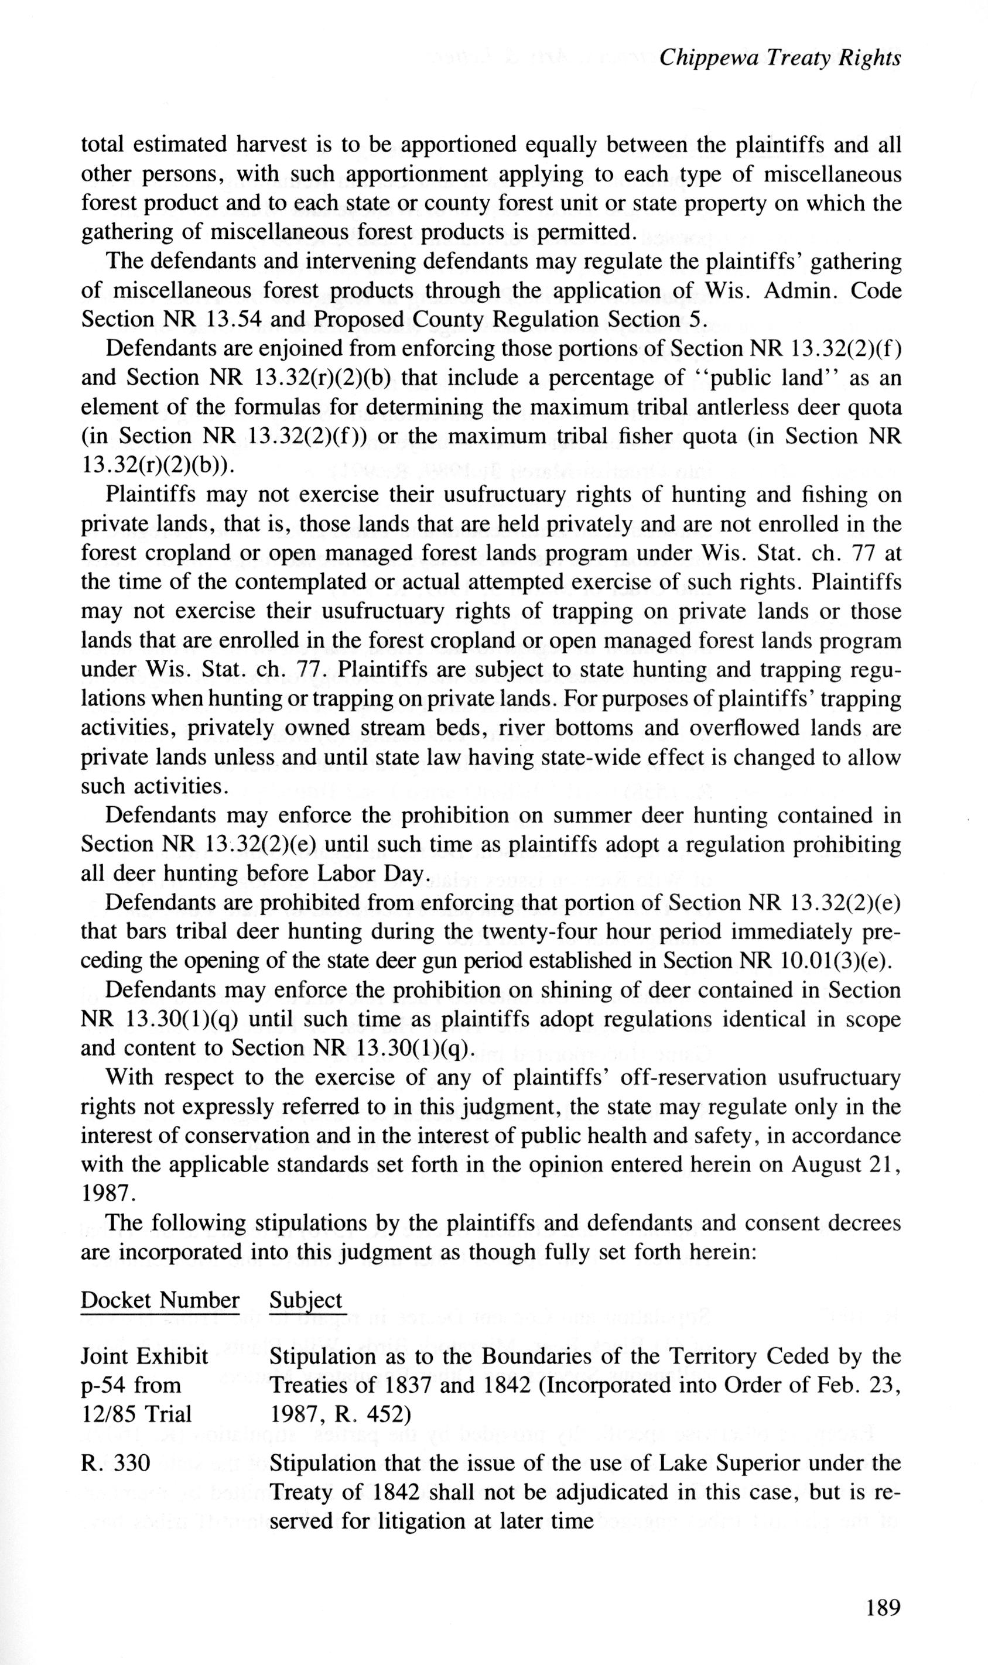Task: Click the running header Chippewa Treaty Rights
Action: (780, 59)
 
